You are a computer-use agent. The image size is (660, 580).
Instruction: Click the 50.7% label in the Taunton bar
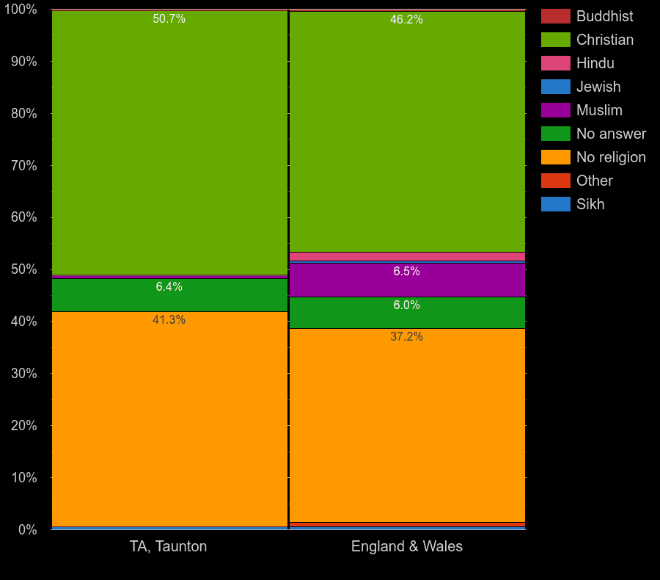point(169,19)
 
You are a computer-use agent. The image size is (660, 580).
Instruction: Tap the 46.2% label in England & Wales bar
point(406,20)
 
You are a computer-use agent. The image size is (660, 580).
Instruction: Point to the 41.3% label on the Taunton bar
point(169,320)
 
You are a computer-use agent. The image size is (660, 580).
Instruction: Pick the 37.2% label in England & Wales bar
point(406,337)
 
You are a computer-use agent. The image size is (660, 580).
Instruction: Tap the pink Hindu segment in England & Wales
point(406,256)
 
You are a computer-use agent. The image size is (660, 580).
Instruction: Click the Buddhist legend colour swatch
point(555,16)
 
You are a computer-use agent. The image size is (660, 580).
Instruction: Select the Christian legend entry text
point(604,40)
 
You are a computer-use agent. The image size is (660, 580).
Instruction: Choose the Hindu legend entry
point(595,63)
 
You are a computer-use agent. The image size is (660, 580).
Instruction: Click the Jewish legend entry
point(598,87)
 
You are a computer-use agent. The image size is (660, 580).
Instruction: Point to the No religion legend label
point(611,157)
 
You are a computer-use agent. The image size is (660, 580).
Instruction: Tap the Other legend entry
point(594,181)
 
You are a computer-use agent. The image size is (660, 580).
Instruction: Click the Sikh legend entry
point(590,204)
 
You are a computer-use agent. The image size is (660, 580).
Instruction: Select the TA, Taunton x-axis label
point(169,546)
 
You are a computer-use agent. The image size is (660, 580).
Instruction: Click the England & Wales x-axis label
point(406,546)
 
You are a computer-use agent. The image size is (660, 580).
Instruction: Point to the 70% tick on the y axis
point(23,166)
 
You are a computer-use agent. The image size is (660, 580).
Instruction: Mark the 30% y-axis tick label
point(23,374)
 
